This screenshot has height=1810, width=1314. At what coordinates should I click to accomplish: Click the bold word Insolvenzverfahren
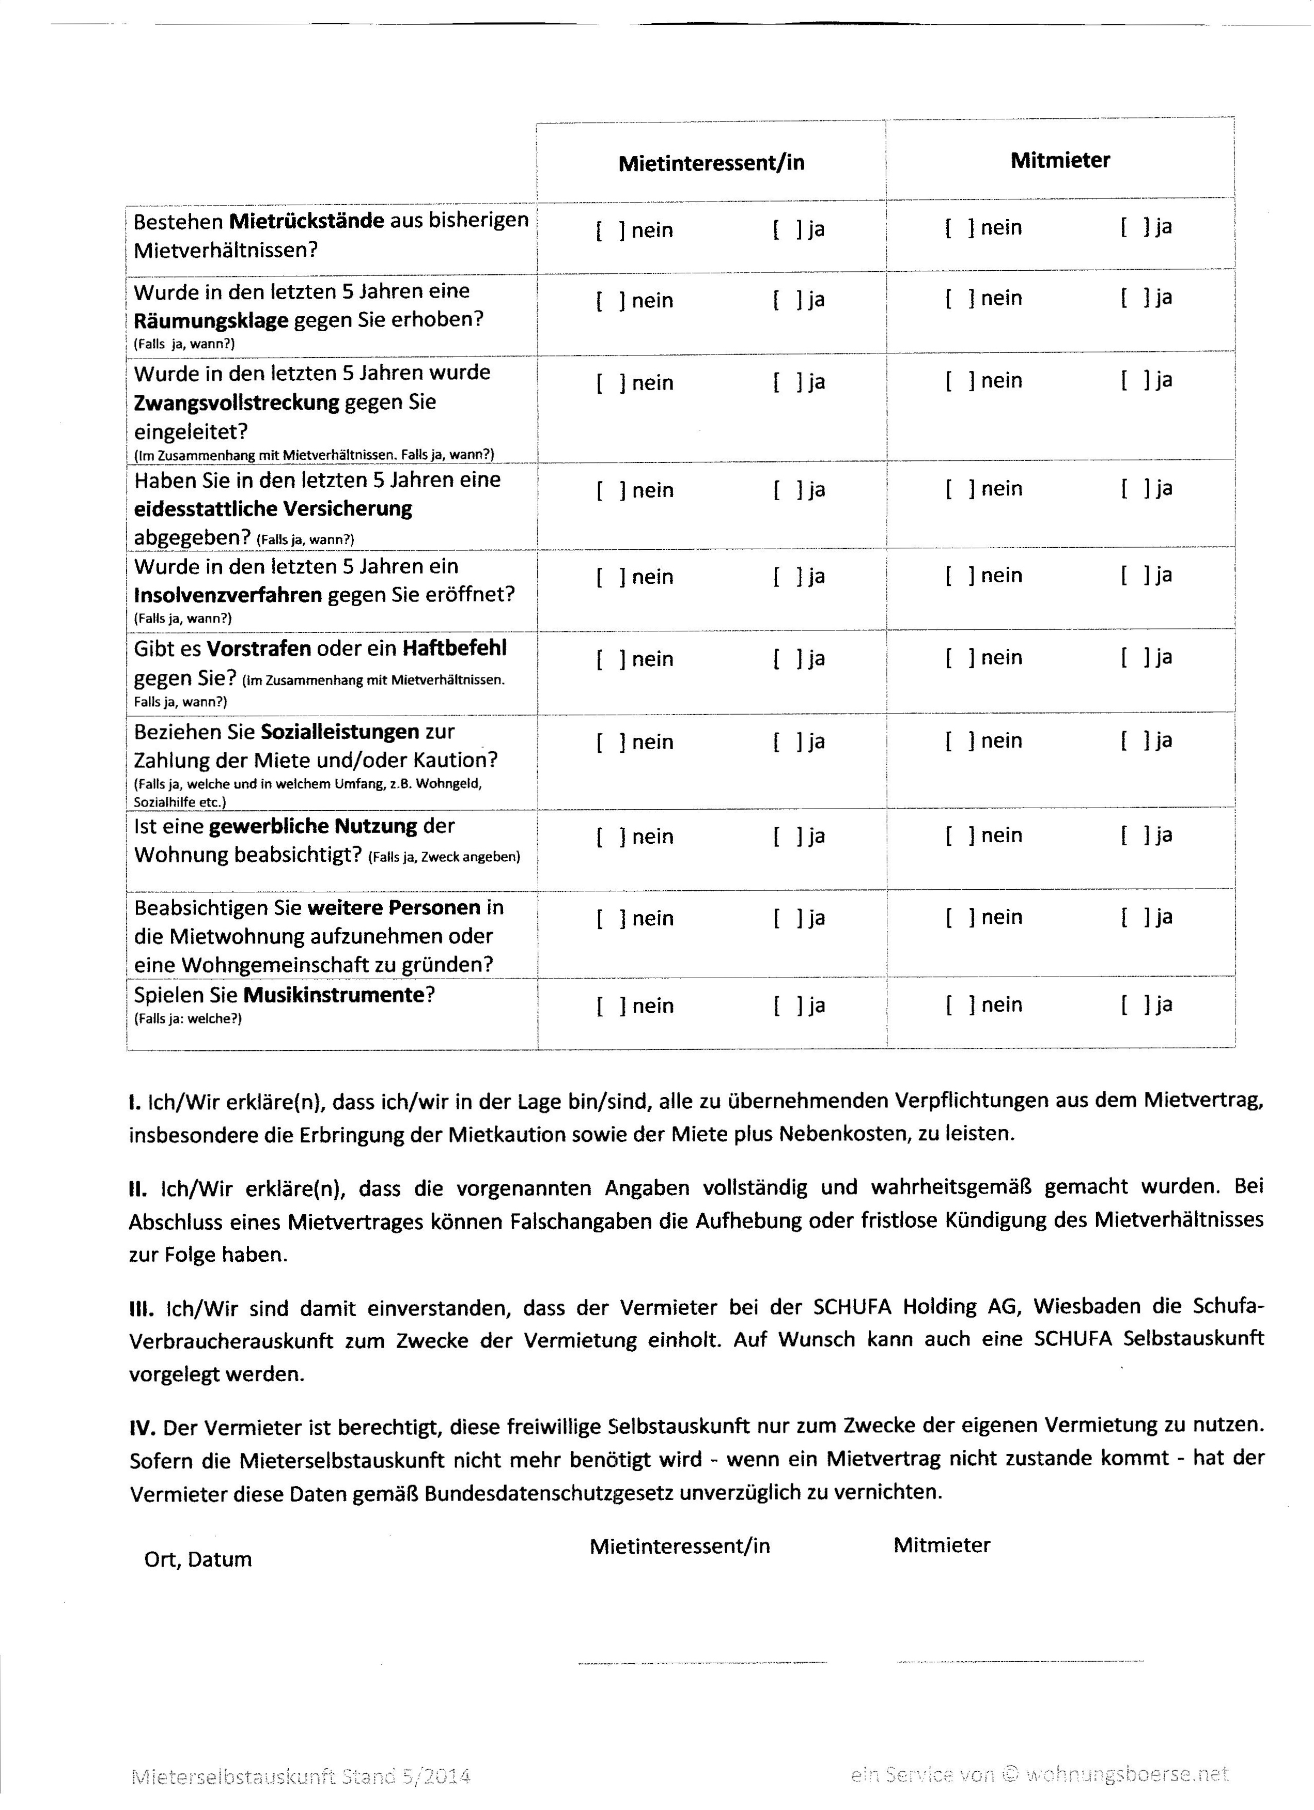click(x=228, y=595)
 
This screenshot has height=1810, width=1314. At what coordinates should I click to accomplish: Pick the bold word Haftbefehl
click(x=454, y=648)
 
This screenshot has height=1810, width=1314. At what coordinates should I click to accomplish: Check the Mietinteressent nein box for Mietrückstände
click(x=611, y=230)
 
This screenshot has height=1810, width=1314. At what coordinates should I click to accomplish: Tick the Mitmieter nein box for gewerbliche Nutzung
click(x=960, y=836)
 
